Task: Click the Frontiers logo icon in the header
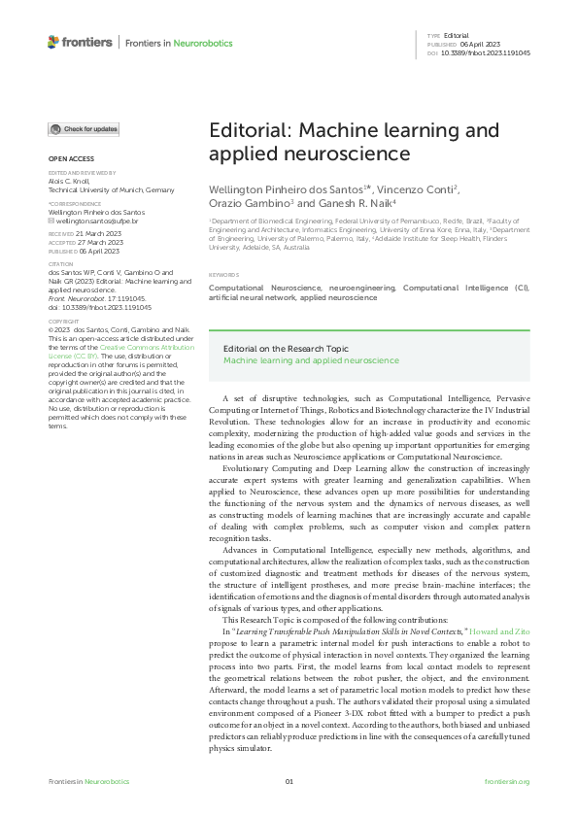(x=53, y=42)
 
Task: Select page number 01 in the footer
(x=289, y=782)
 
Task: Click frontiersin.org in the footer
(x=506, y=782)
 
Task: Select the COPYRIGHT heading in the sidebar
(x=64, y=321)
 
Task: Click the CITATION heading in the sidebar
(x=61, y=262)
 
